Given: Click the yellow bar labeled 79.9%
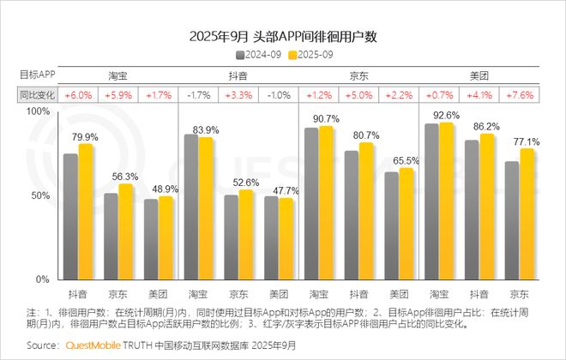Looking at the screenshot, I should click(85, 212).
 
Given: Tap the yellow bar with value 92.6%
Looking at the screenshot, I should click(446, 201).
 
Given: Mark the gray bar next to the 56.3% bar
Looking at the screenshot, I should click(111, 237).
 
